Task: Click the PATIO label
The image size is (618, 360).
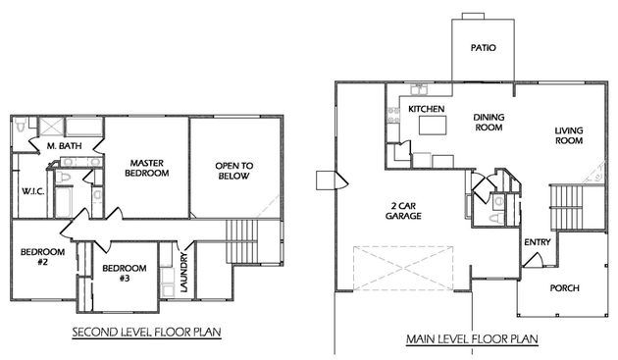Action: [484, 48]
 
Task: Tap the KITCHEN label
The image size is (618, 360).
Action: [426, 109]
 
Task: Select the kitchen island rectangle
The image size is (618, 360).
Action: [433, 126]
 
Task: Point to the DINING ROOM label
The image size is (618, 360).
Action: [489, 123]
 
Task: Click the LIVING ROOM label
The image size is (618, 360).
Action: [569, 135]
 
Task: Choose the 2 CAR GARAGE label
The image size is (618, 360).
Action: [403, 211]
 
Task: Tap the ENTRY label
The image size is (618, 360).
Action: [538, 242]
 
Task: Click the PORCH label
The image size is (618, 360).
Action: [564, 288]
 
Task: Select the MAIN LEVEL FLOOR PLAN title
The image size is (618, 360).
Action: [472, 338]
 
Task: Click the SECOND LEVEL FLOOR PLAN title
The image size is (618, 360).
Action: [146, 332]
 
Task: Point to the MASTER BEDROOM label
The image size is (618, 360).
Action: [146, 168]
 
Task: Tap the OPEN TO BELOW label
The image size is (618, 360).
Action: [234, 171]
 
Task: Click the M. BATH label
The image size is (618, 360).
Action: [64, 146]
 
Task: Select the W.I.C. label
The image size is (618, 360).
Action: [32, 191]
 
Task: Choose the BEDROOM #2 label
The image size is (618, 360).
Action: [42, 257]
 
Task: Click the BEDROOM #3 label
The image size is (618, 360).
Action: [125, 274]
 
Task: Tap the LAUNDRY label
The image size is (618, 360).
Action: [184, 273]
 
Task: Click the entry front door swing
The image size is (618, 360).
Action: [534, 259]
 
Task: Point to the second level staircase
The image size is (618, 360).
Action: [241, 241]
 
